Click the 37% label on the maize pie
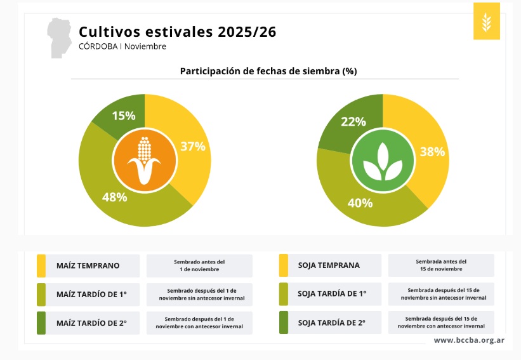click(193, 146)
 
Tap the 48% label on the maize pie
click(115, 197)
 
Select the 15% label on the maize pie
click(124, 116)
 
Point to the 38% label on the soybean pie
click(432, 152)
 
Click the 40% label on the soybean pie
click(360, 203)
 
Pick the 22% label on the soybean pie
click(353, 121)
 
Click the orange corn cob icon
click(145, 159)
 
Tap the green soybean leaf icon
click(382, 161)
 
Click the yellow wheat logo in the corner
click(487, 21)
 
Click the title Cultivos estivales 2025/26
click(177, 32)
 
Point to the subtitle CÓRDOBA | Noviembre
click(122, 46)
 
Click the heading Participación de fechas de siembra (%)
click(268, 71)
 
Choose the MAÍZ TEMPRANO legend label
click(88, 265)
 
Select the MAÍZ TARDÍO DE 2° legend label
click(91, 323)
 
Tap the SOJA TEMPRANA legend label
click(329, 265)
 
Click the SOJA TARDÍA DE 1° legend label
click(331, 294)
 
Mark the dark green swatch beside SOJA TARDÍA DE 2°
click(284, 323)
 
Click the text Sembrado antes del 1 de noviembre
click(199, 265)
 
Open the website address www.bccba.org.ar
click(469, 340)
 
